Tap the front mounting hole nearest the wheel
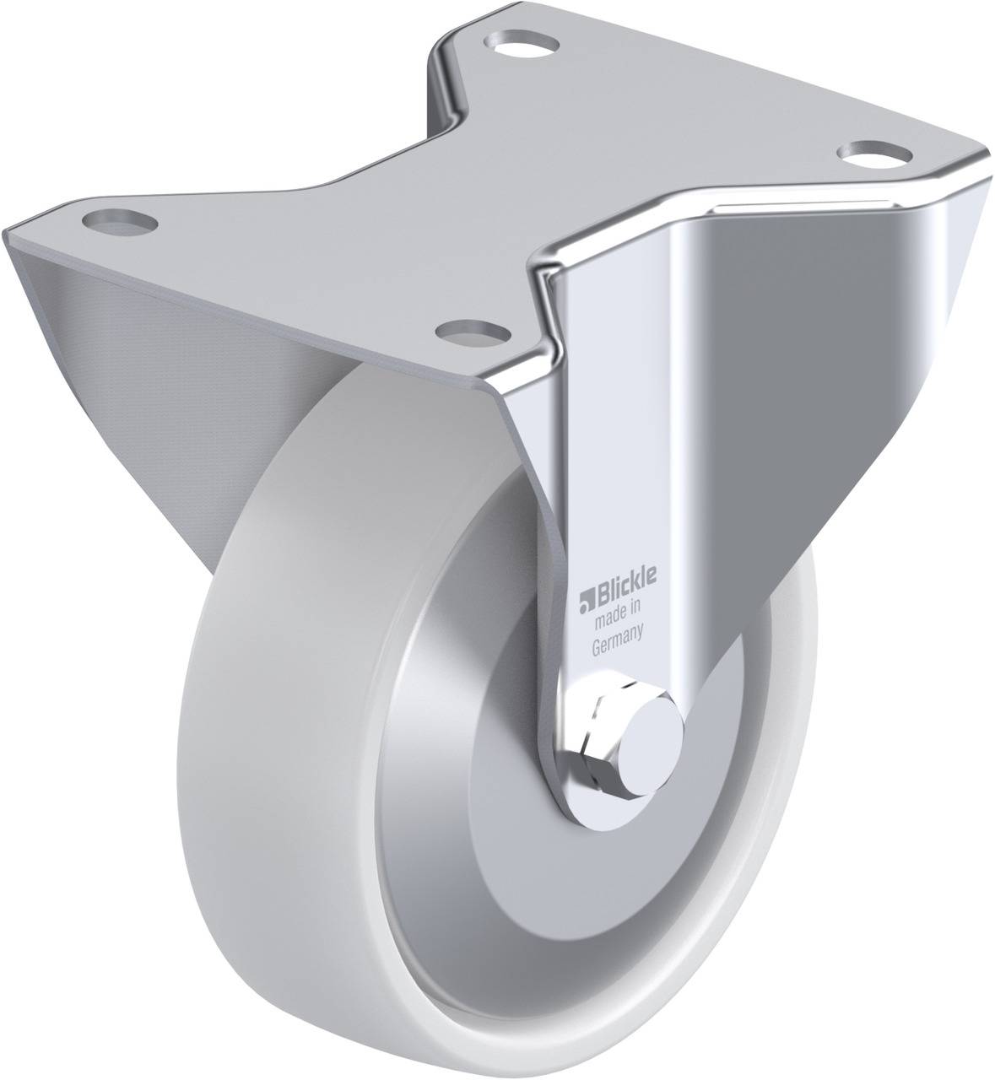click(462, 332)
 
